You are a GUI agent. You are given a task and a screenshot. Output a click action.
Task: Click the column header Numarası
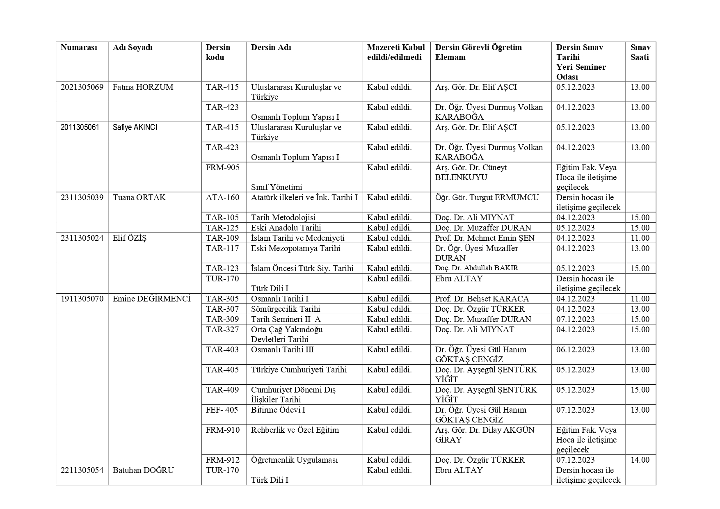79,48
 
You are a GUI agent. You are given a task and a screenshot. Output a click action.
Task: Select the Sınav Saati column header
640,52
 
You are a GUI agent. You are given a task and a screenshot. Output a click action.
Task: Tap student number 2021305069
82,87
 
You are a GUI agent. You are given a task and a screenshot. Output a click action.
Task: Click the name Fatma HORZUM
143,87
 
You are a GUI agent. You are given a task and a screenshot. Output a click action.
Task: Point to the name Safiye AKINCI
135,128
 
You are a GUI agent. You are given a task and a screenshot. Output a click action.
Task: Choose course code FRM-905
223,168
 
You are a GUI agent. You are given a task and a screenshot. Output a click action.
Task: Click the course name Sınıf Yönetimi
277,187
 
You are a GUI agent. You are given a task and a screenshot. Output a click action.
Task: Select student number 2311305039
82,198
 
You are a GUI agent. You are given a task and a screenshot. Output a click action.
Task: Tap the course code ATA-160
223,198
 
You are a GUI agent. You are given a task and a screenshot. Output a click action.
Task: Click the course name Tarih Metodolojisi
283,218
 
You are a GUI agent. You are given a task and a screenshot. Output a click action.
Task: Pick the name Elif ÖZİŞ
130,238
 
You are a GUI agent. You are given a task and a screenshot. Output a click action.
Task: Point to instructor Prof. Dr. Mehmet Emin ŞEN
485,238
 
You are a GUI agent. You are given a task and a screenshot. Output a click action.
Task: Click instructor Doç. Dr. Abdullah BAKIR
477,268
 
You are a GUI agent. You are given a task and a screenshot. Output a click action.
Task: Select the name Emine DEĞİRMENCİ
152,299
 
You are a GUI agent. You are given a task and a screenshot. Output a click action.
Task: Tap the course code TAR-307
222,309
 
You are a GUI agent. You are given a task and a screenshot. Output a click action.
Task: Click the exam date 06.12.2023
575,350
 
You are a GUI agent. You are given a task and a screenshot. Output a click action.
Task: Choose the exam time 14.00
640,460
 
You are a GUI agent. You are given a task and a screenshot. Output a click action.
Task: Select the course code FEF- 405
222,410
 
